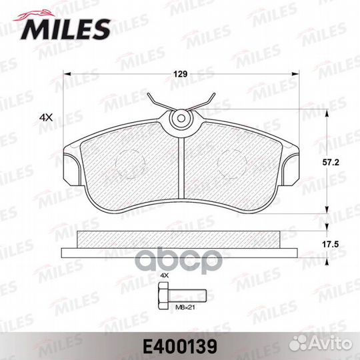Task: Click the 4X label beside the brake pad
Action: pos(46,117)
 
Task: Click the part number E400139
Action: pos(180,345)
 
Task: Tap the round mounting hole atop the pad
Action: pos(180,119)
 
